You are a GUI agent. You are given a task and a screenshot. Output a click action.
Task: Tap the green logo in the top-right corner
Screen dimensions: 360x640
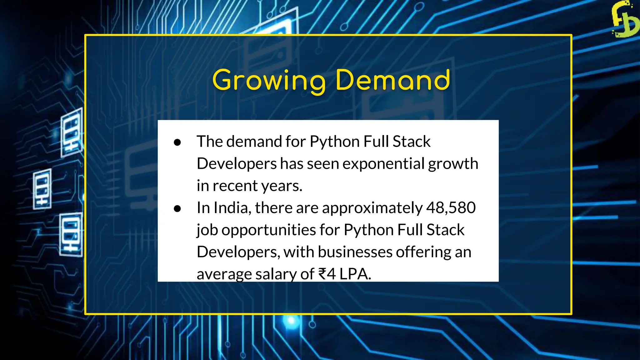[624, 19]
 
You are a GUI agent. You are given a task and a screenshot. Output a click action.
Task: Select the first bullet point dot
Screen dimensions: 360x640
[177, 142]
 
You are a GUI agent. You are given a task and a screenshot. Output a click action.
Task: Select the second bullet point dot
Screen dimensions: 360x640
[177, 209]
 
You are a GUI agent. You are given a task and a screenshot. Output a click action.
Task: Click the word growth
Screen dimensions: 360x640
[453, 164]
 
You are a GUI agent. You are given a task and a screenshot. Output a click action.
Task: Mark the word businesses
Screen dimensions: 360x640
[355, 252]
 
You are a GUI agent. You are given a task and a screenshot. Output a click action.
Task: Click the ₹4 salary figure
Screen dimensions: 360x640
[327, 274]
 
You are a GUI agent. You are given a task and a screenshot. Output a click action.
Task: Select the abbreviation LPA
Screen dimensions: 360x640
[354, 274]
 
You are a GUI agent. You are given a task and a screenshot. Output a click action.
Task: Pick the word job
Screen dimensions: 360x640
[207, 230]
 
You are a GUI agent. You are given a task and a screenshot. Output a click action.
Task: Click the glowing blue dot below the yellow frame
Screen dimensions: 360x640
[291, 321]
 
